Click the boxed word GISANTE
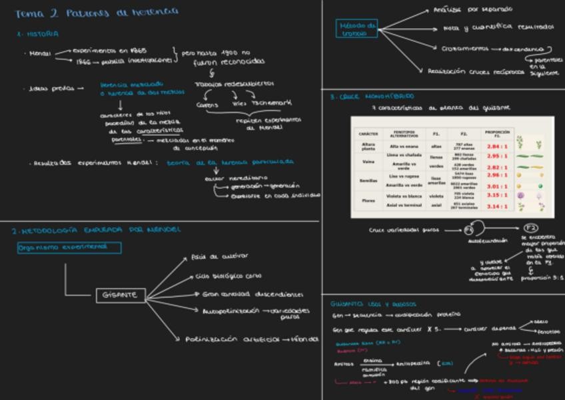pos(121,295)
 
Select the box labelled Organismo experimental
pos(69,248)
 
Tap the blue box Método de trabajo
pos(358,28)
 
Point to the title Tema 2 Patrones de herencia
pos(97,11)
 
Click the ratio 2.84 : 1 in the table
pos(497,146)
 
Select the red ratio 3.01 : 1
pos(497,186)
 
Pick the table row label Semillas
pos(368,181)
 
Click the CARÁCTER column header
pos(368,133)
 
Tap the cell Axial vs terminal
pos(404,206)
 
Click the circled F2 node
pos(530,228)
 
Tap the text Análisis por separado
pos(473,9)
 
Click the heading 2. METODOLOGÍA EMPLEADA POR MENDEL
pos(95,230)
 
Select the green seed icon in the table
pos(539,186)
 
